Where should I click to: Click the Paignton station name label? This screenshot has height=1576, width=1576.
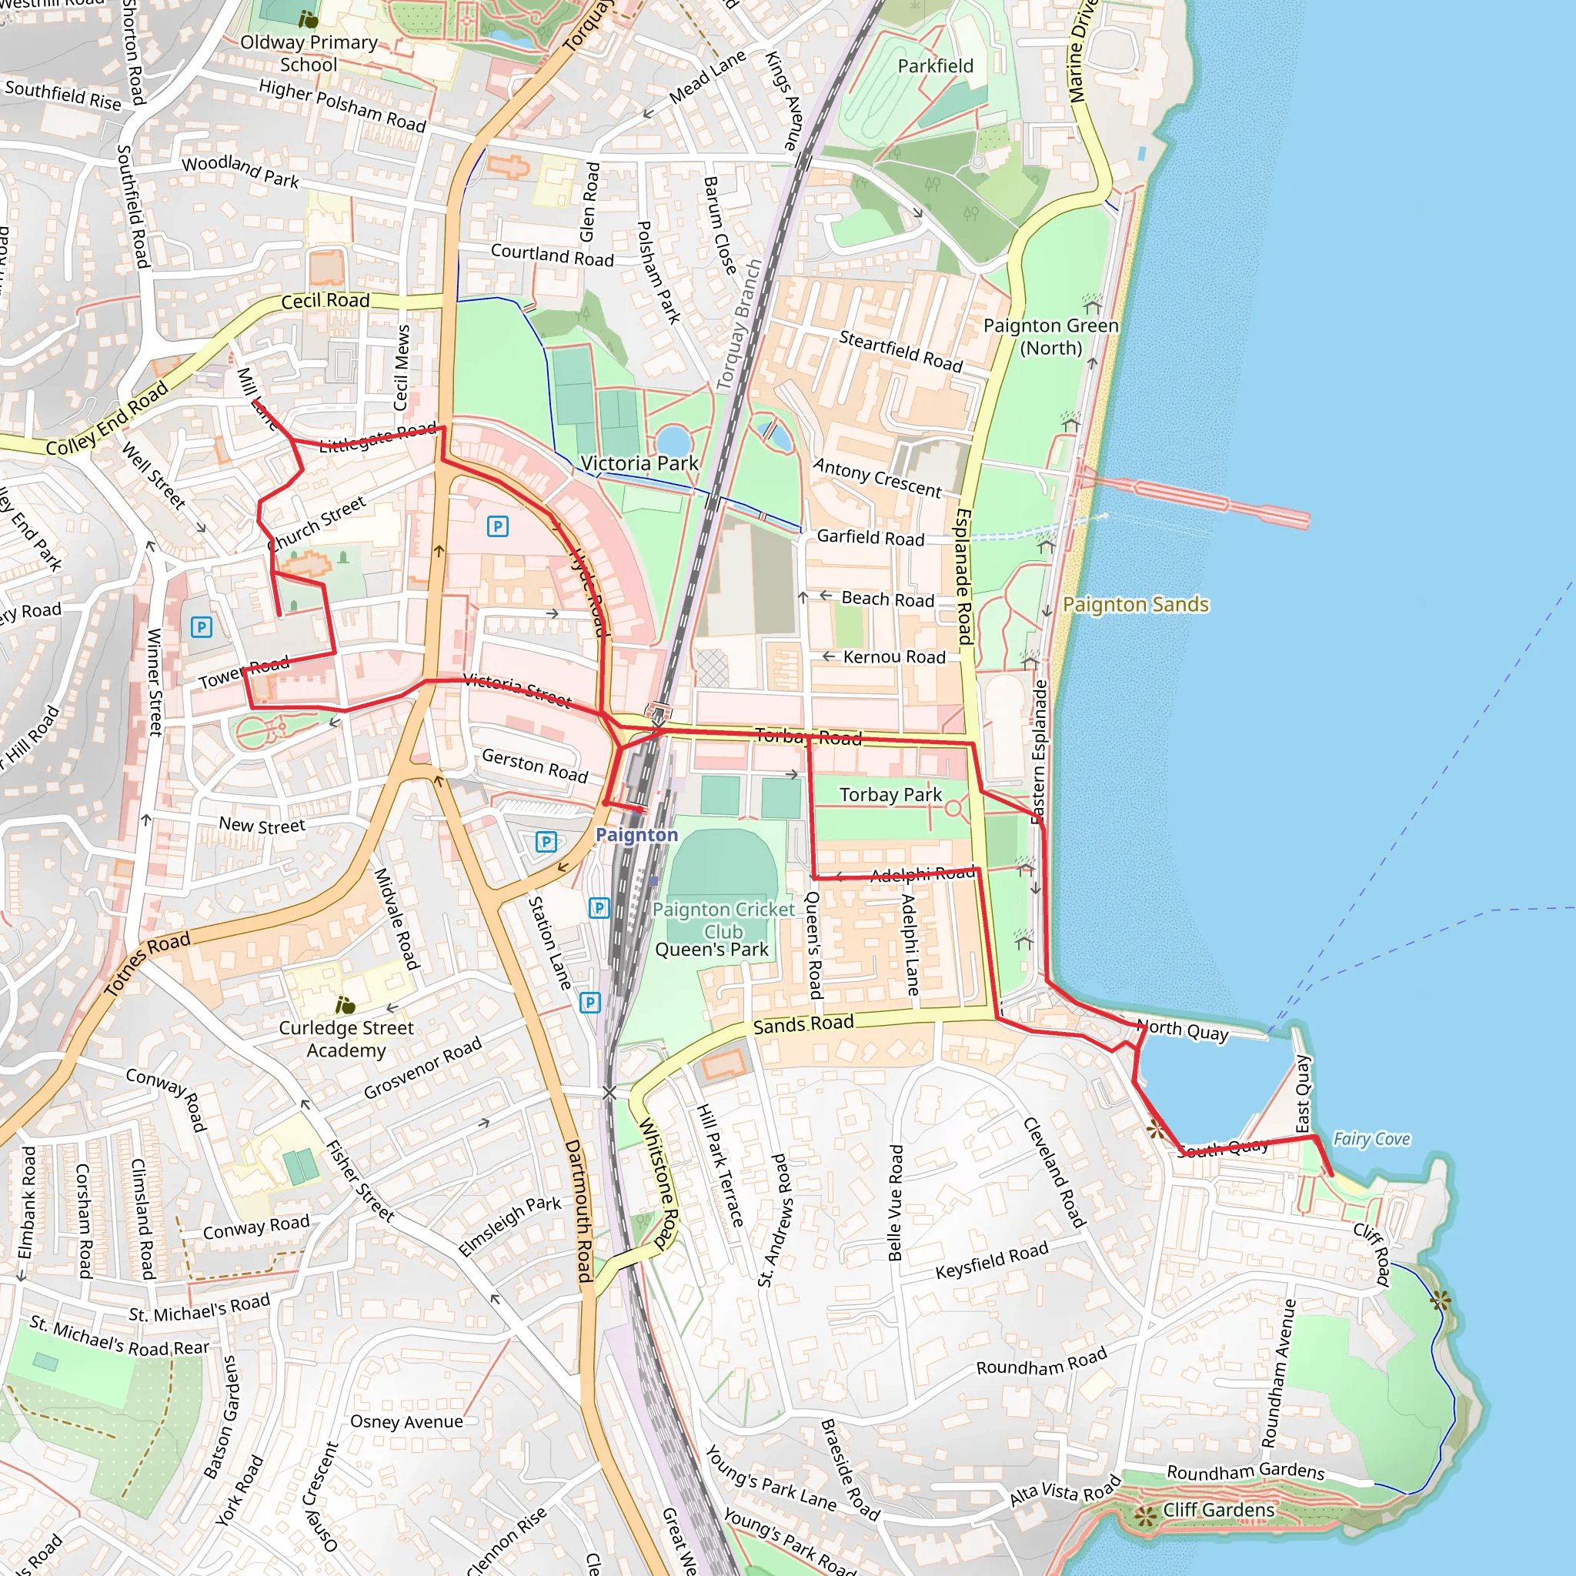pos(636,834)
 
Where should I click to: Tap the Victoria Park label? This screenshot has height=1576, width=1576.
pos(639,463)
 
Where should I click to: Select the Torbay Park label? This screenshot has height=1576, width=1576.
pos(890,794)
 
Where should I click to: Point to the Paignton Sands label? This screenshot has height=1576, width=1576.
pos(1136,604)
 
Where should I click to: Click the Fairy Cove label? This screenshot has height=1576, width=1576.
pos(1371,1139)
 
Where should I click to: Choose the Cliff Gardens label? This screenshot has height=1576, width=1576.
pos(1218,1510)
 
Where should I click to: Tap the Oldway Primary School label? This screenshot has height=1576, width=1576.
pos(309,53)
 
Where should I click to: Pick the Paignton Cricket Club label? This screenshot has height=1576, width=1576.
pos(723,920)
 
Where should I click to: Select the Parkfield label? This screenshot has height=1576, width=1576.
pos(936,66)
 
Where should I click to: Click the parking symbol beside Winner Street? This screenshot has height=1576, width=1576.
pos(202,626)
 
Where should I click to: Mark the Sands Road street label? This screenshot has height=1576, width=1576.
pos(803,1024)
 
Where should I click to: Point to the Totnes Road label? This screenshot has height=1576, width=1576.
pos(148,963)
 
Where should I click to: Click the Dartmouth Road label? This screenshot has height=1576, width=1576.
pos(579,1210)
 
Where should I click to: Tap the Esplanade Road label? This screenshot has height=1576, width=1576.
pos(963,576)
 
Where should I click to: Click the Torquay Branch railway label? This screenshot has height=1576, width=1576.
pos(738,325)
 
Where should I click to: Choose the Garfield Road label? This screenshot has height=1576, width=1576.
pos(870,537)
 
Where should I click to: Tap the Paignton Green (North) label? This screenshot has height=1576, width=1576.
pos(1050,336)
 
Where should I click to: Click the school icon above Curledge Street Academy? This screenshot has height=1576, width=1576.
pos(346,1005)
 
